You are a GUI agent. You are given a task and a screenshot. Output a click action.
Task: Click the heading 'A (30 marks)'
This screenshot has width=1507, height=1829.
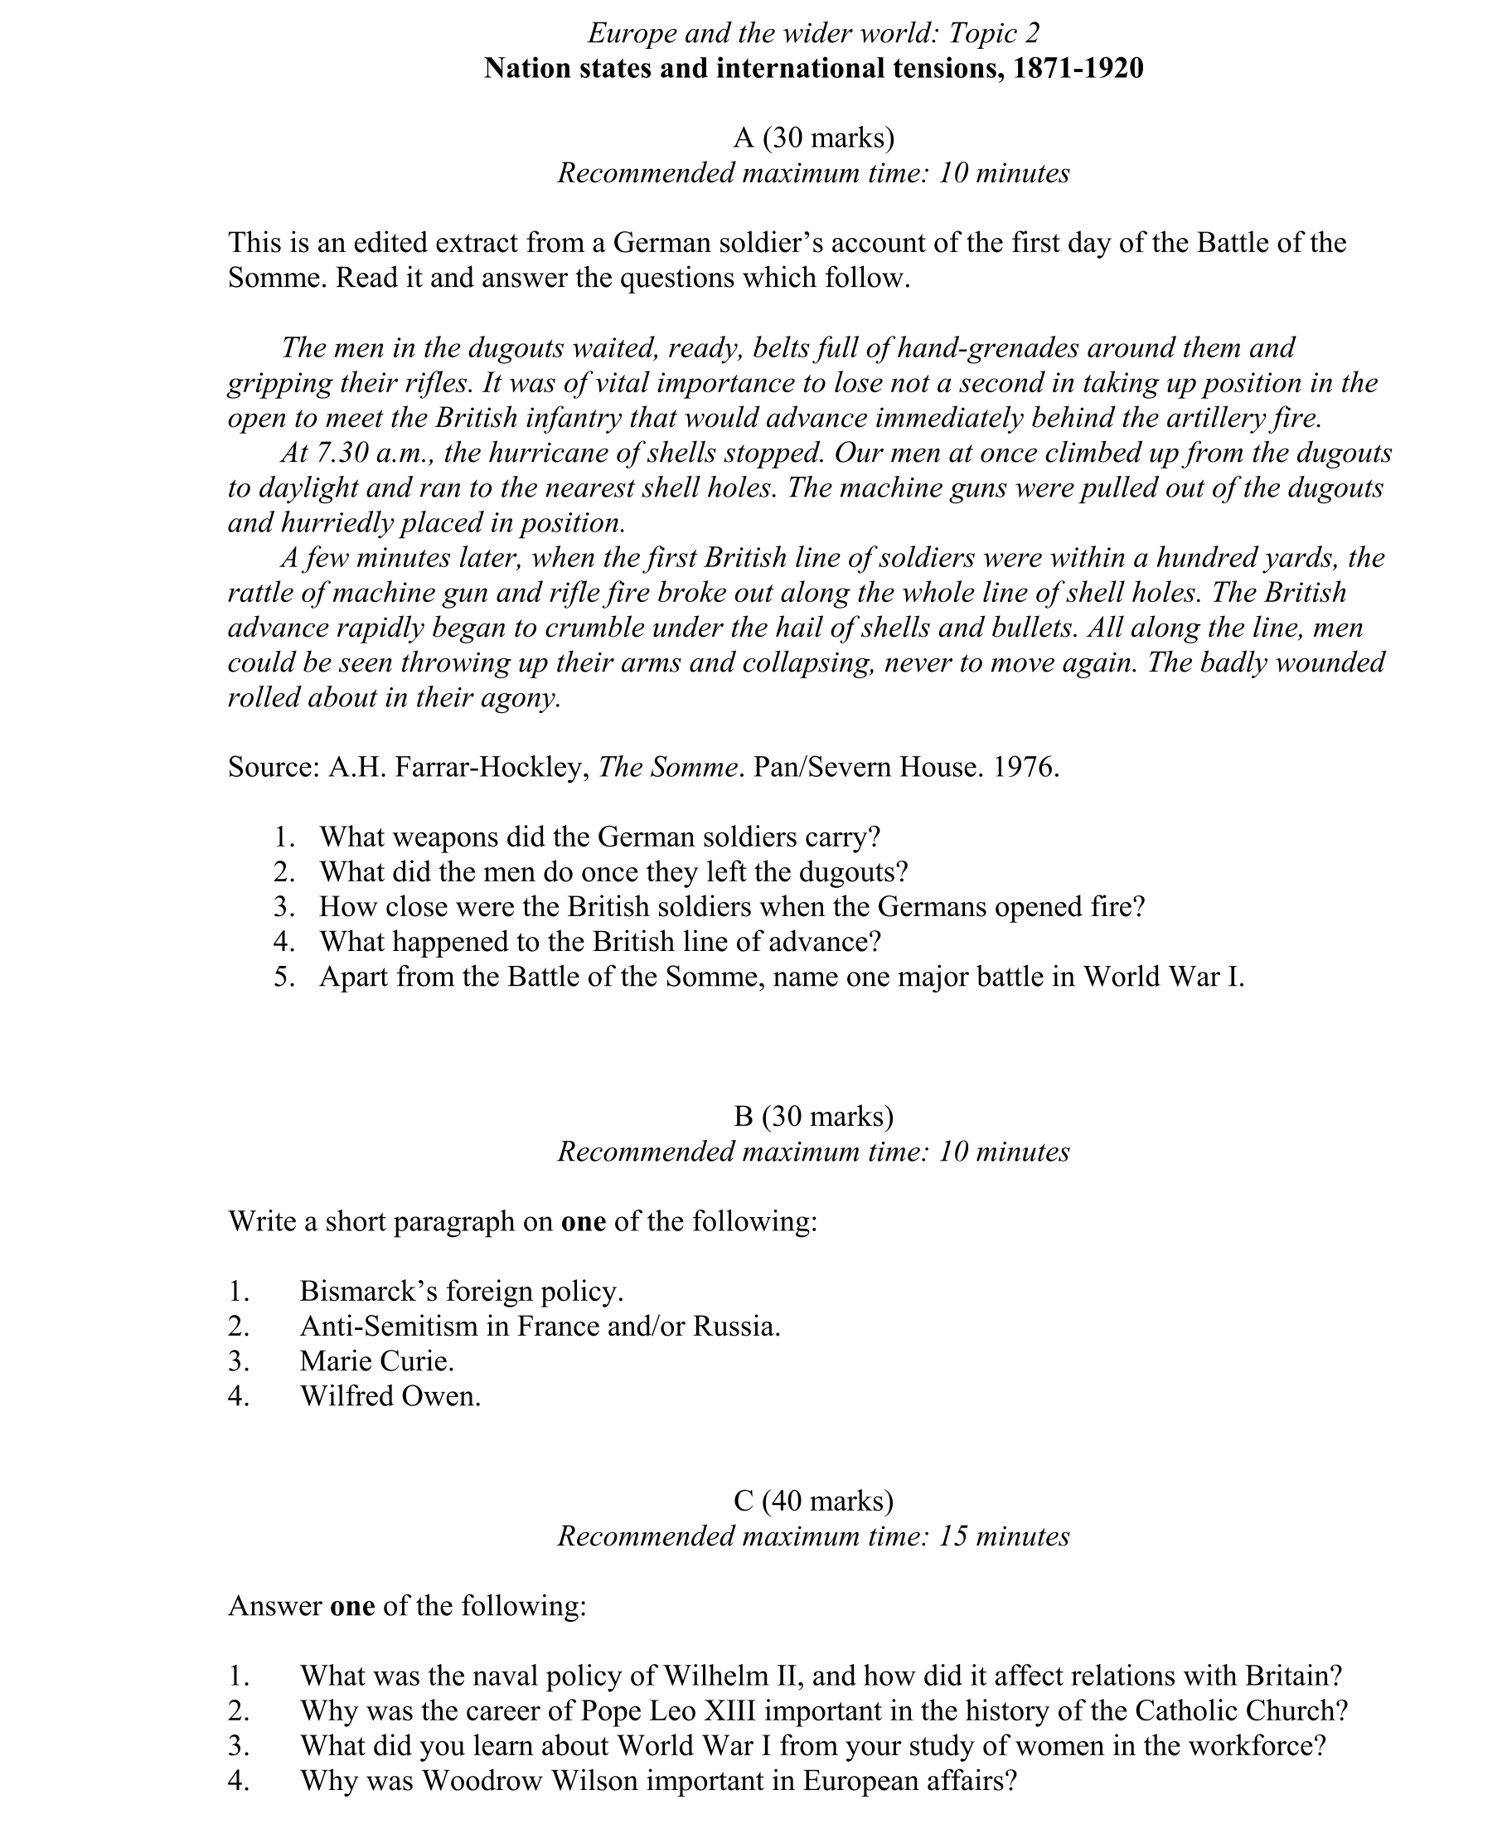coord(813,138)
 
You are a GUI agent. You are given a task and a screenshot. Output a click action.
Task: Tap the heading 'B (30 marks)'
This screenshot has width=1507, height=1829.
coord(813,1116)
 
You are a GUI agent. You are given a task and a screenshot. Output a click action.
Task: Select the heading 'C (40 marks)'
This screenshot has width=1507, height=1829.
coord(813,1501)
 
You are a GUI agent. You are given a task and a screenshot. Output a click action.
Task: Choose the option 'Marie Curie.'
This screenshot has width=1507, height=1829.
coord(376,1361)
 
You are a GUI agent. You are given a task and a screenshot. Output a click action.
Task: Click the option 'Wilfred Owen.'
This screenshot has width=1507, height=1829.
coord(390,1396)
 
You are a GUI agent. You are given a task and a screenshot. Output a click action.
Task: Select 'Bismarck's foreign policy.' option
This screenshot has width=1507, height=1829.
coord(461,1291)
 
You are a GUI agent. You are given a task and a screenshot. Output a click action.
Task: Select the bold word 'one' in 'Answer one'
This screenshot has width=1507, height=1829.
coord(352,1606)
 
